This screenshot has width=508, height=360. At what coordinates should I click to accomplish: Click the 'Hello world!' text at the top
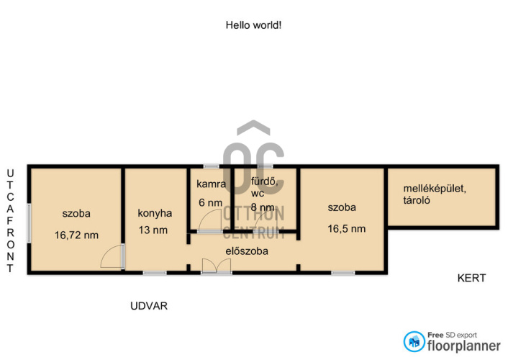(x=253, y=25)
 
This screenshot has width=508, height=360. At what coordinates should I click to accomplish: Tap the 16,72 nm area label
(x=76, y=235)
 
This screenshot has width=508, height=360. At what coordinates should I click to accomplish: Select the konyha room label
(x=155, y=213)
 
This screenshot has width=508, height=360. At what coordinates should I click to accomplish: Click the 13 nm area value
(x=153, y=230)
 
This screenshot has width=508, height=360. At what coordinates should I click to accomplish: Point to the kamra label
(x=212, y=184)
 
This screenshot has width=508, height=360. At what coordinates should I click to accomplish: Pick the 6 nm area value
(x=211, y=203)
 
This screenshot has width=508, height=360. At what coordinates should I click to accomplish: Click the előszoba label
(x=247, y=251)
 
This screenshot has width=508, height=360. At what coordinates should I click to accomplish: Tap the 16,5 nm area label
(x=347, y=229)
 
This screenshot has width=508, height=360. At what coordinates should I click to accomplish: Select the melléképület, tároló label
(x=435, y=194)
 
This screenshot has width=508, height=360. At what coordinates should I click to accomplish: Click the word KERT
(x=472, y=278)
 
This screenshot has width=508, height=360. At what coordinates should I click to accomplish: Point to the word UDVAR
(x=149, y=306)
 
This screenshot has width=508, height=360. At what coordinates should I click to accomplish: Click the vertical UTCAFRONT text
(x=10, y=221)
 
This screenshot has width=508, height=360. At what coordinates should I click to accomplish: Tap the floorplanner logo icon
(x=414, y=341)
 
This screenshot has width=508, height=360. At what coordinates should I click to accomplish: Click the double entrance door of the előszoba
(x=217, y=266)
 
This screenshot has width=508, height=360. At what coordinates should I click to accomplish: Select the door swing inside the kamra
(x=209, y=220)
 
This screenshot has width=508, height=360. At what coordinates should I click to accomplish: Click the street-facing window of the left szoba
(x=29, y=222)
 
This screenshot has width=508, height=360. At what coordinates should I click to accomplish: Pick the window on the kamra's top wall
(x=212, y=166)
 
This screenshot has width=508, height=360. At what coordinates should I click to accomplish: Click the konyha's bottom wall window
(x=155, y=273)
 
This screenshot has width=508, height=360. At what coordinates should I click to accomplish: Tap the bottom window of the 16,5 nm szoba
(x=343, y=273)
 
